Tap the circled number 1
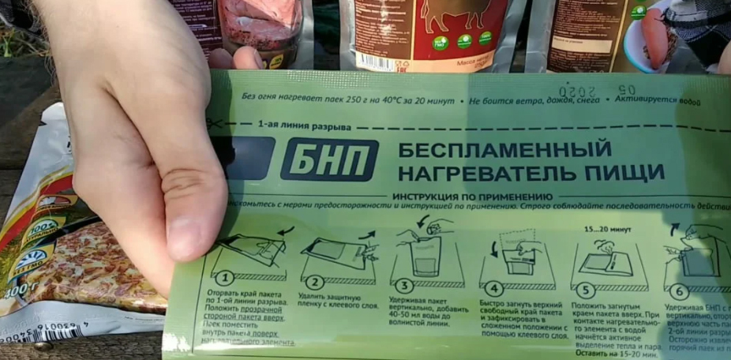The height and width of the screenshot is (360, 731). click(x=224, y=279)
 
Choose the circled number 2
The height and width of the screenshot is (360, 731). click(x=315, y=282)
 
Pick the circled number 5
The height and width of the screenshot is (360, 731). click(x=585, y=289)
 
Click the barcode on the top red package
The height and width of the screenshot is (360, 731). click(x=377, y=61)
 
